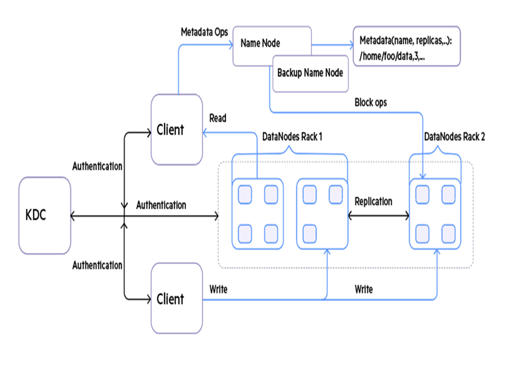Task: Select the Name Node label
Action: pyautogui.click(x=260, y=43)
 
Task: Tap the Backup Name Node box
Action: pyautogui.click(x=310, y=74)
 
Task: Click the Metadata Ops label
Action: pyautogui.click(x=205, y=32)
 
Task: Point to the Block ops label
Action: pyautogui.click(x=371, y=102)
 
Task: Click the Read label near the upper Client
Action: pyautogui.click(x=218, y=118)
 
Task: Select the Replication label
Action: pyautogui.click(x=373, y=201)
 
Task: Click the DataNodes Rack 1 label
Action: pyautogui.click(x=292, y=137)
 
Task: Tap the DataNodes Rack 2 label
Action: pyautogui.click(x=455, y=137)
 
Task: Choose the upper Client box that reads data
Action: pyautogui.click(x=176, y=129)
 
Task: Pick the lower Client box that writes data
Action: pyautogui.click(x=176, y=299)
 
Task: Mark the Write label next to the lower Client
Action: pyautogui.click(x=218, y=289)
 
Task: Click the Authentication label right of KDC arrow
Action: pyautogui.click(x=161, y=205)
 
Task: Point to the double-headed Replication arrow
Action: pyautogui.click(x=378, y=216)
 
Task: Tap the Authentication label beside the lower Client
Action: pyautogui.click(x=97, y=266)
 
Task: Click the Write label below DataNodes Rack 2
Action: pyautogui.click(x=364, y=289)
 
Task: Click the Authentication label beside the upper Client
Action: pyautogui.click(x=97, y=167)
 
